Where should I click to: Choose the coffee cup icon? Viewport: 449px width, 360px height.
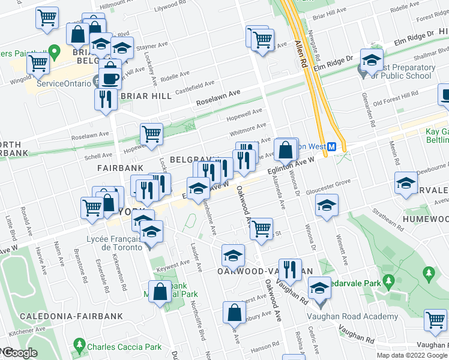point(109,77)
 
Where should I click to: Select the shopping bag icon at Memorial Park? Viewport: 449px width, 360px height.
point(160,292)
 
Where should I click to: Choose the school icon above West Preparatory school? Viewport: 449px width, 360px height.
point(372,59)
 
